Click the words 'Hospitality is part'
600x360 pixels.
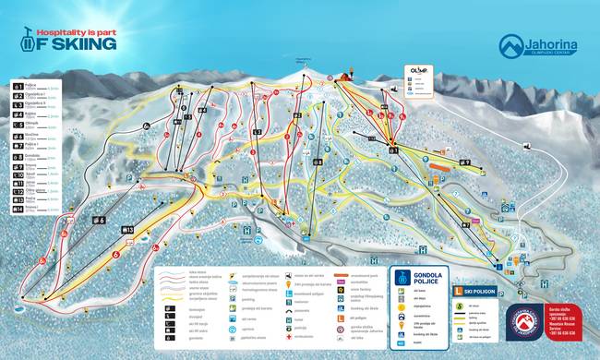[x=78, y=30]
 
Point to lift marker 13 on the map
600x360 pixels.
[x=129, y=230]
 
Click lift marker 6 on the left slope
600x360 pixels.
[x=102, y=221]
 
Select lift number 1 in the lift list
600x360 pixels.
[x=18, y=85]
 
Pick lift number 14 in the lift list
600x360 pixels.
[x=18, y=209]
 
